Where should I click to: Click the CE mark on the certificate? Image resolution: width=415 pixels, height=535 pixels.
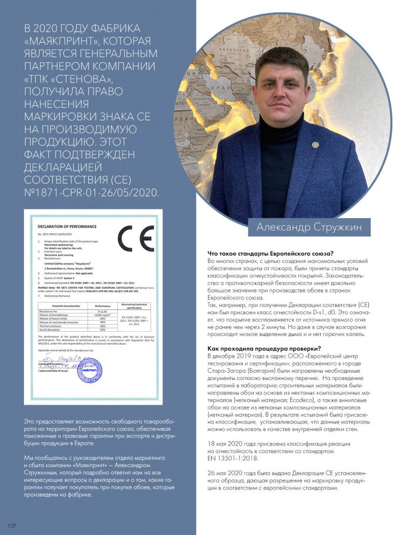coord(135,239)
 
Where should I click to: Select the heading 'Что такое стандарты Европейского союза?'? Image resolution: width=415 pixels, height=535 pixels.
coord(270,254)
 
